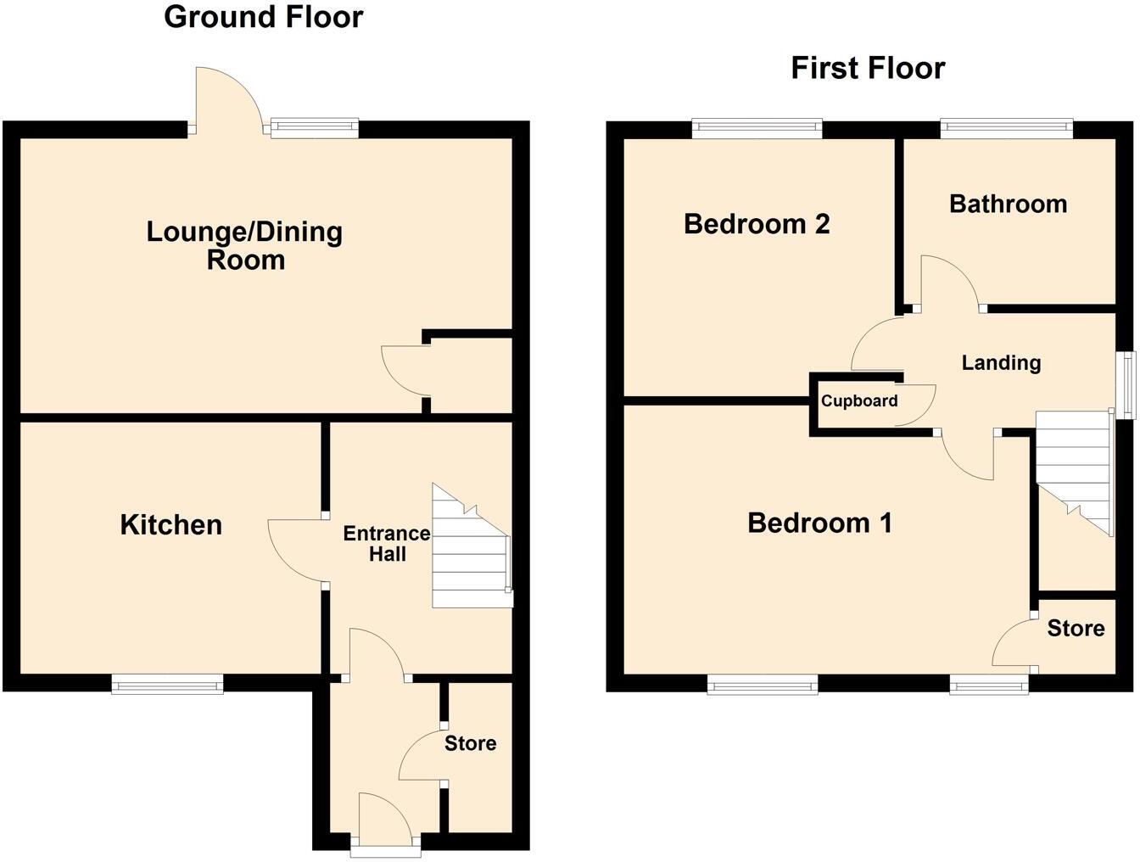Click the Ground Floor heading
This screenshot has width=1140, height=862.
(263, 17)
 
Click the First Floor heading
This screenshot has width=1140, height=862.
(867, 68)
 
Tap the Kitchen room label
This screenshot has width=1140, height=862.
(170, 524)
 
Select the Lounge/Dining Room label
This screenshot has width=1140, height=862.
(244, 245)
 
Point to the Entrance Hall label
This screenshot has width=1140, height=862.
(386, 544)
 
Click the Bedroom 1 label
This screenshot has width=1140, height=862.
(819, 523)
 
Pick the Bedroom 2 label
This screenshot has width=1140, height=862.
(757, 224)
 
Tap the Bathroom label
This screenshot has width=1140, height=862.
(1008, 204)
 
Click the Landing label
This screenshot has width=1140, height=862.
(1001, 363)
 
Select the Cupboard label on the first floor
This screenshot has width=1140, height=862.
(859, 401)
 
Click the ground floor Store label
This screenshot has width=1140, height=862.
(471, 743)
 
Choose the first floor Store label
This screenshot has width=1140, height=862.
(1076, 629)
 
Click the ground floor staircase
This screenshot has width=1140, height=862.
(470, 551)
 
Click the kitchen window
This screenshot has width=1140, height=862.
(168, 683)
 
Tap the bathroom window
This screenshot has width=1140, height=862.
(1007, 129)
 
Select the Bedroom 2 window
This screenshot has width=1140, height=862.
(757, 129)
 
